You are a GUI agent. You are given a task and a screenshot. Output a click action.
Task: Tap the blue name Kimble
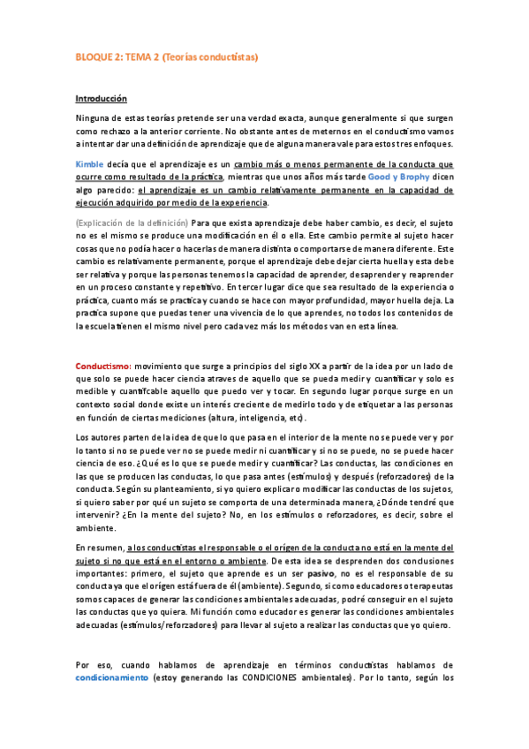tap(89, 164)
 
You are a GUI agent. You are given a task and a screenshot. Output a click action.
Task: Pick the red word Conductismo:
tap(103, 366)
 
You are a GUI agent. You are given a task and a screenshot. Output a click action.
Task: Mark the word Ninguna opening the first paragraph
tap(94, 117)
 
